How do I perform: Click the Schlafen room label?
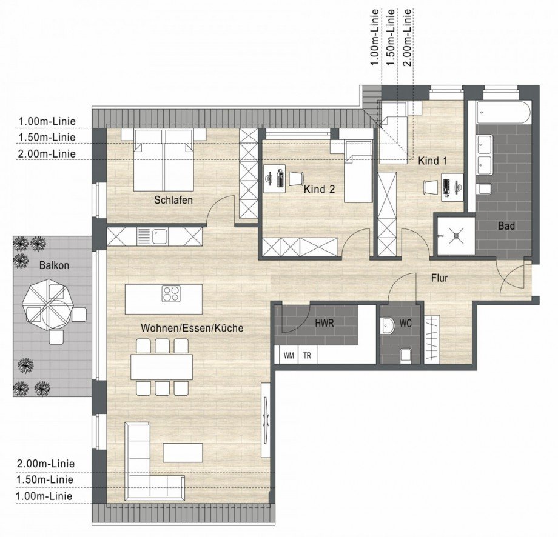click(x=173, y=200)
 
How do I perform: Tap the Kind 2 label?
click(x=319, y=189)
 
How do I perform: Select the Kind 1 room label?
click(x=432, y=161)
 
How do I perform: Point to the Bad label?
click(x=506, y=226)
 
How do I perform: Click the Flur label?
click(x=439, y=278)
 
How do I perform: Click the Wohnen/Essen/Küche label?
click(x=192, y=328)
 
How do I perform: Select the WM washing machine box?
click(x=289, y=356)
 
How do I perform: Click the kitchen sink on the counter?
click(x=160, y=235)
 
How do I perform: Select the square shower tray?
click(x=454, y=235)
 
